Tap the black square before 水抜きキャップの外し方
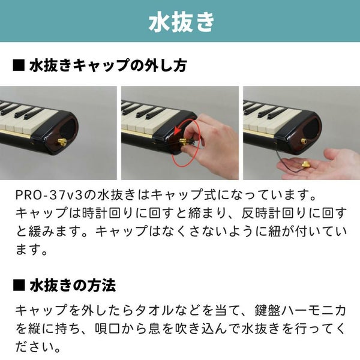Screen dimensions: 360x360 pos(19,65)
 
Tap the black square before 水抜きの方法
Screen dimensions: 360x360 pos(19,286)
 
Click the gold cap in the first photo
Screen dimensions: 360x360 pos(62,142)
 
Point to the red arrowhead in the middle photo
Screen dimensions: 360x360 pos(177,132)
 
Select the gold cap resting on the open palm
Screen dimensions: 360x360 pos(306,164)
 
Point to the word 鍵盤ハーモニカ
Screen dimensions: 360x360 pos(301,310)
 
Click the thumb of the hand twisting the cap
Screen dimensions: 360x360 pos(188,151)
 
